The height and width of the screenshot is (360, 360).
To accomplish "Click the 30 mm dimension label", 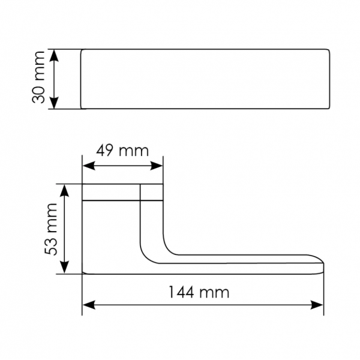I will pyautogui.click(x=40, y=79).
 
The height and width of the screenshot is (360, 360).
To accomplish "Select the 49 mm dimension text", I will pyautogui.click(x=122, y=151).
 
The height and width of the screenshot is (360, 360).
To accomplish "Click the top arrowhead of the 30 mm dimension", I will pyautogui.click(x=55, y=55).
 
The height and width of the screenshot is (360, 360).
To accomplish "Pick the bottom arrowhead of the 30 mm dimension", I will pyautogui.click(x=55, y=104).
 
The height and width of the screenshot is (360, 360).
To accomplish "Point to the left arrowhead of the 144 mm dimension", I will pyautogui.click(x=88, y=305).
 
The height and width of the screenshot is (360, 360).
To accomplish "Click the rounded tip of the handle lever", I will pyautogui.click(x=323, y=265).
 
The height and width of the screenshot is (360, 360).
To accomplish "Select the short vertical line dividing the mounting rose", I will pyautogui.click(x=140, y=192).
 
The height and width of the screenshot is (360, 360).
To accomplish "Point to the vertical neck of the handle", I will pyautogui.click(x=152, y=222).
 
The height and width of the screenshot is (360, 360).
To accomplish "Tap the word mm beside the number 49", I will pyautogui.click(x=134, y=151).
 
